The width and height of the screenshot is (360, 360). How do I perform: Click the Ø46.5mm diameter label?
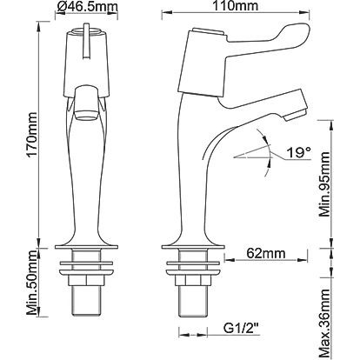[x=87, y=7]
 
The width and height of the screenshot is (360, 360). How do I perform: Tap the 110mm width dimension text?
[x=236, y=6]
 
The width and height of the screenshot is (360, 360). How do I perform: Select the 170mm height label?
[x=32, y=135]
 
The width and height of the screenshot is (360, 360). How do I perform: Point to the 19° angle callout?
[x=299, y=152]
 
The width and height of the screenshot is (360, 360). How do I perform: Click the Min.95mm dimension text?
[x=324, y=184]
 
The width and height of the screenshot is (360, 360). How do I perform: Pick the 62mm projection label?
[x=266, y=253]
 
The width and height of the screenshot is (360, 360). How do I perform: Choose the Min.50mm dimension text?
[x=32, y=283]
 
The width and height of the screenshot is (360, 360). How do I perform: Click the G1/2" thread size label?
[x=241, y=329]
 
